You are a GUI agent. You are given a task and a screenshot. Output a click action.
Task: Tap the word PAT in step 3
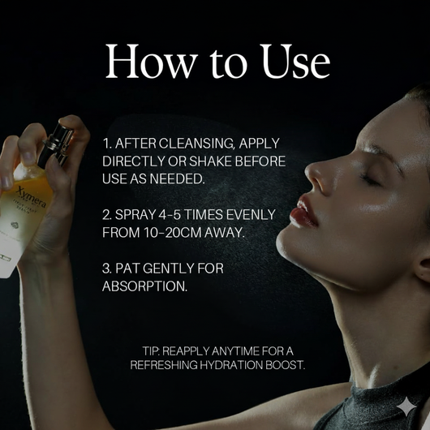(131, 268)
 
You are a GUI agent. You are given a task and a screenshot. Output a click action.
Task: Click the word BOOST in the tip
(286, 366)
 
